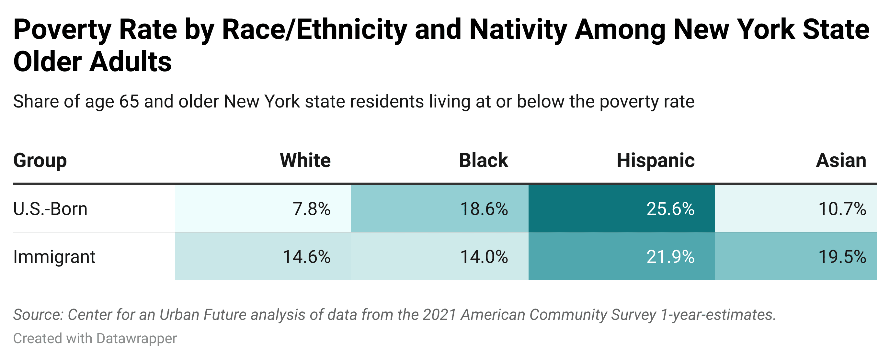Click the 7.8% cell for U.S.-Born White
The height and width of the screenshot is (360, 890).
point(311,209)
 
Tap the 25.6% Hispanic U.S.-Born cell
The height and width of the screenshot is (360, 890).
point(670,209)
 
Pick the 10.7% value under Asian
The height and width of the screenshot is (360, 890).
point(842,209)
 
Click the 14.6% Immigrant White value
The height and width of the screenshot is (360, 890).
point(306,257)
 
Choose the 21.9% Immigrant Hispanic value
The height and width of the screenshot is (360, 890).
point(670,257)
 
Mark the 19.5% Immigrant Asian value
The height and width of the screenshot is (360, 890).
point(842,257)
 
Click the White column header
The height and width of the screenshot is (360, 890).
point(305,160)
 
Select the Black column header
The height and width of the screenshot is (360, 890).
point(483,160)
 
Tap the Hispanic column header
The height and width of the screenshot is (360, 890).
point(656,160)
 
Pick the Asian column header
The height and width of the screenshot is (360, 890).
point(841,160)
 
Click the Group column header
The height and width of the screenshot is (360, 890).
point(40,160)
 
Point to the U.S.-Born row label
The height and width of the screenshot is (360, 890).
point(50,209)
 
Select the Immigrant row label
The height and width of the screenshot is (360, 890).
point(54,257)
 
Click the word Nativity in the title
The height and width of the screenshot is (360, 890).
point(518,30)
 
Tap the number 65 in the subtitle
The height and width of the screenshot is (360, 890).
point(129,102)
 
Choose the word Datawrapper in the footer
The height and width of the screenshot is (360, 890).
point(136,338)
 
